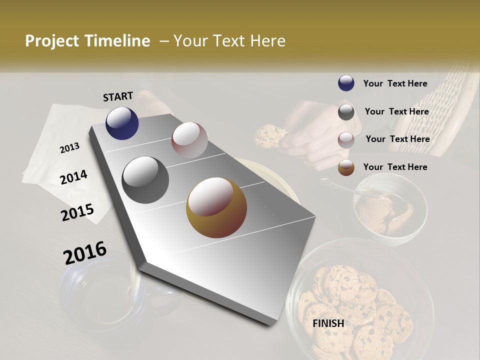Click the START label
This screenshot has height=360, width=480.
[x=118, y=96]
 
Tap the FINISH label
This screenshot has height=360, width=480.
[x=328, y=323]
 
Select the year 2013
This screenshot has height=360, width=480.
[x=69, y=148]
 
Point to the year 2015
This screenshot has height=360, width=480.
[x=77, y=212]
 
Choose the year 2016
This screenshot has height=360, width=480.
[x=85, y=253]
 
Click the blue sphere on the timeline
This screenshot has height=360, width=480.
[x=122, y=123]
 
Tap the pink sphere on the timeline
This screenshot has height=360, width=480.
[x=189, y=140]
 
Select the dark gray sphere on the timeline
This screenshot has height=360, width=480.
[x=145, y=180]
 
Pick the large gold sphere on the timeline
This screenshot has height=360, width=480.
[x=216, y=207]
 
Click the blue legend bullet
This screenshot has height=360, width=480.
[x=346, y=83]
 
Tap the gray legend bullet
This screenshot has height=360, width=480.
[x=346, y=112]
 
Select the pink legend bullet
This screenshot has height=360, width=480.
[x=346, y=140]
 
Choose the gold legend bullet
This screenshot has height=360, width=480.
[x=346, y=167]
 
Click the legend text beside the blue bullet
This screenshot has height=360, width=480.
[x=395, y=83]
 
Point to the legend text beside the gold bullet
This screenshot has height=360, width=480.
[x=395, y=167]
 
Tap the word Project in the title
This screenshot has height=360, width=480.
[x=52, y=41]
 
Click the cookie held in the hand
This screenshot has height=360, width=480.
[x=269, y=135]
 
